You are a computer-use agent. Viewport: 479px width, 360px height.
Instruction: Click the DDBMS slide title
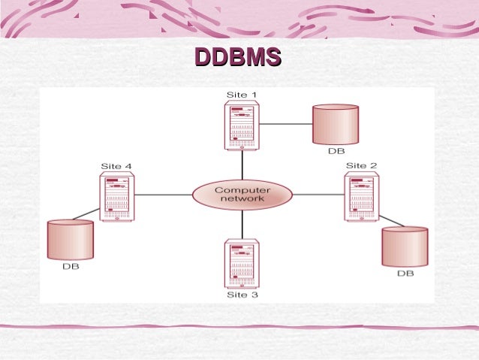pyautogui.click(x=238, y=58)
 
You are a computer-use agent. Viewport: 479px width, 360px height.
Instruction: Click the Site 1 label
pyautogui.click(x=241, y=94)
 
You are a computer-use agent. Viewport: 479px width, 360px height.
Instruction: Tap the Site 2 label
pyautogui.click(x=361, y=165)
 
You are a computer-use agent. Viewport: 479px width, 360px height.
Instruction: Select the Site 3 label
pyautogui.click(x=242, y=295)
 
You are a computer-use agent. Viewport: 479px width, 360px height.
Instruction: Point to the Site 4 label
pyautogui.click(x=116, y=165)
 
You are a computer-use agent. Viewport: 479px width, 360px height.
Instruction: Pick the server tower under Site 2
pyautogui.click(x=361, y=196)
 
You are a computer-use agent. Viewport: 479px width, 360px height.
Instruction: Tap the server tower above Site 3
pyautogui.click(x=242, y=263)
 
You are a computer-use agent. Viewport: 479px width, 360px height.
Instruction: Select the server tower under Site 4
pyautogui.click(x=116, y=196)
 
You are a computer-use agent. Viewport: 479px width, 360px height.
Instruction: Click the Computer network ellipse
pyautogui.click(x=242, y=195)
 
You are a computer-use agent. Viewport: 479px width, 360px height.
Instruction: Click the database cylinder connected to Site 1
pyautogui.click(x=336, y=124)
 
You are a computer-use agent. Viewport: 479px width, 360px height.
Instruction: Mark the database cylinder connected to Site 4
pyautogui.click(x=70, y=240)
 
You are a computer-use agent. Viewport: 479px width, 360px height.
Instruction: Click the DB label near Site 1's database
pyautogui.click(x=336, y=151)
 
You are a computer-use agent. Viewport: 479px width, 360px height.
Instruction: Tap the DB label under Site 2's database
pyautogui.click(x=405, y=274)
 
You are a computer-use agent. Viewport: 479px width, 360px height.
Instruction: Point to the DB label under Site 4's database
pyautogui.click(x=71, y=267)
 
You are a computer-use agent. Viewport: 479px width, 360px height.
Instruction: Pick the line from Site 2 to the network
pyautogui.click(x=318, y=195)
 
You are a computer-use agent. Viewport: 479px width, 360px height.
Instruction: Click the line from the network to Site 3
pyautogui.click(x=242, y=224)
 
